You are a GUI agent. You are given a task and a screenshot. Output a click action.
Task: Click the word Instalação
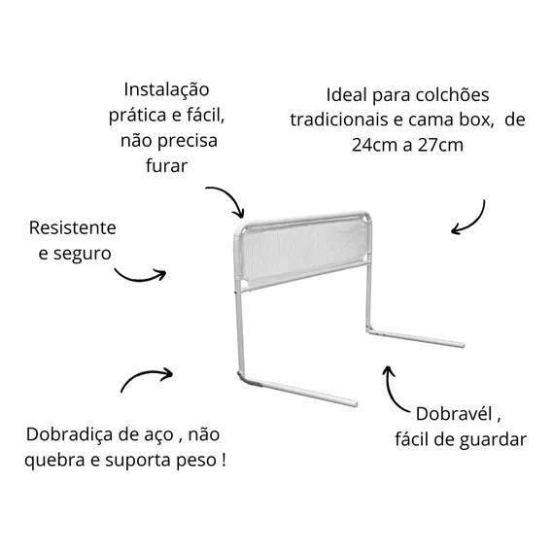(166, 90)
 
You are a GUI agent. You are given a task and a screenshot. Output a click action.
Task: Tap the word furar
(166, 165)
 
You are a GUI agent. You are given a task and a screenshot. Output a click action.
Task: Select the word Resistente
(73, 227)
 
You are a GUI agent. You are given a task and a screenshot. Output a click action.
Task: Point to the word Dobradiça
(69, 434)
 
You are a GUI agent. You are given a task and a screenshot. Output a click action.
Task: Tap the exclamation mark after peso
(224, 460)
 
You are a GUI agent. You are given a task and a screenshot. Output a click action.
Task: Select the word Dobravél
(454, 414)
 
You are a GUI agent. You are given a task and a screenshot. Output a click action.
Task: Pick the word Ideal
(347, 94)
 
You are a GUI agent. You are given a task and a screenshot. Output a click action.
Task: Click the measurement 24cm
(374, 145)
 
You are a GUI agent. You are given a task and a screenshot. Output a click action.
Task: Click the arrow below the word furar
(230, 195)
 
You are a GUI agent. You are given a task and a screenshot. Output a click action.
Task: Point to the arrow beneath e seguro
(140, 276)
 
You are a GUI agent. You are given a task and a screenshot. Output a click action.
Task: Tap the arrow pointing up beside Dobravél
(390, 391)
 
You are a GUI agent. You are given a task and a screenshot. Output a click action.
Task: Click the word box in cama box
(474, 120)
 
